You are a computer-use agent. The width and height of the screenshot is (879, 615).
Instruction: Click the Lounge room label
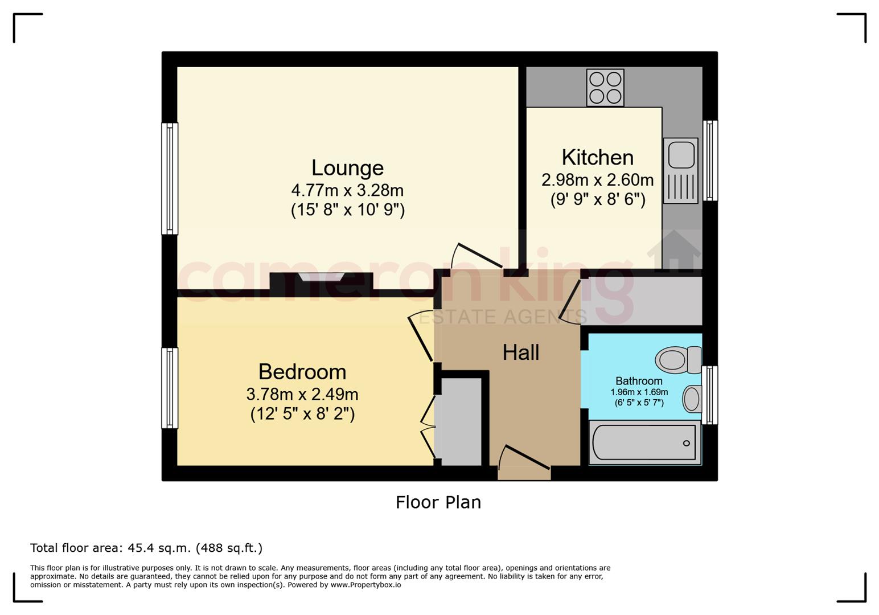(x=347, y=169)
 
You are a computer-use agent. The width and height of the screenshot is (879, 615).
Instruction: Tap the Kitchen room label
(x=598, y=157)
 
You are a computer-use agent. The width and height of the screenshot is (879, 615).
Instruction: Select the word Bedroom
(x=302, y=372)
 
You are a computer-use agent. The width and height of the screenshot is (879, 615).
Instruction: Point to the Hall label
(x=521, y=352)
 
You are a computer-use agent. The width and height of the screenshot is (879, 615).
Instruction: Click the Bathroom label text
(x=639, y=381)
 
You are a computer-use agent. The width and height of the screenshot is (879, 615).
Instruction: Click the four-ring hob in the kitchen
(x=605, y=88)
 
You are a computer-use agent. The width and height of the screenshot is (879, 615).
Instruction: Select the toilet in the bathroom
(x=678, y=359)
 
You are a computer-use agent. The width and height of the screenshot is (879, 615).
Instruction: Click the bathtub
(x=644, y=442)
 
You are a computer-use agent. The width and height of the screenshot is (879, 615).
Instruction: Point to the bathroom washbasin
(x=692, y=399)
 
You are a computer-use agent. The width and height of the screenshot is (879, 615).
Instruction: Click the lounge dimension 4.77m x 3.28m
(x=347, y=190)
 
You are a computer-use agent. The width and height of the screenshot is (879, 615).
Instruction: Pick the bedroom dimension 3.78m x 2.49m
(x=302, y=394)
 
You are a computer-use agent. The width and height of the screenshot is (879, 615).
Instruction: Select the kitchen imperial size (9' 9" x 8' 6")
(x=598, y=199)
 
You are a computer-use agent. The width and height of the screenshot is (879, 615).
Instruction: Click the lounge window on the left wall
(x=170, y=179)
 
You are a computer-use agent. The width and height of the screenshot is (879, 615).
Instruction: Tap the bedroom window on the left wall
(x=170, y=388)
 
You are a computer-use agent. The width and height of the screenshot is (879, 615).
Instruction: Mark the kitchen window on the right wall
(x=710, y=161)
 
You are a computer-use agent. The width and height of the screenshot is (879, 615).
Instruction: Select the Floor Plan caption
(x=438, y=502)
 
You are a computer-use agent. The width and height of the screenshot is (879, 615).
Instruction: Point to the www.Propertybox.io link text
(x=365, y=585)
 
